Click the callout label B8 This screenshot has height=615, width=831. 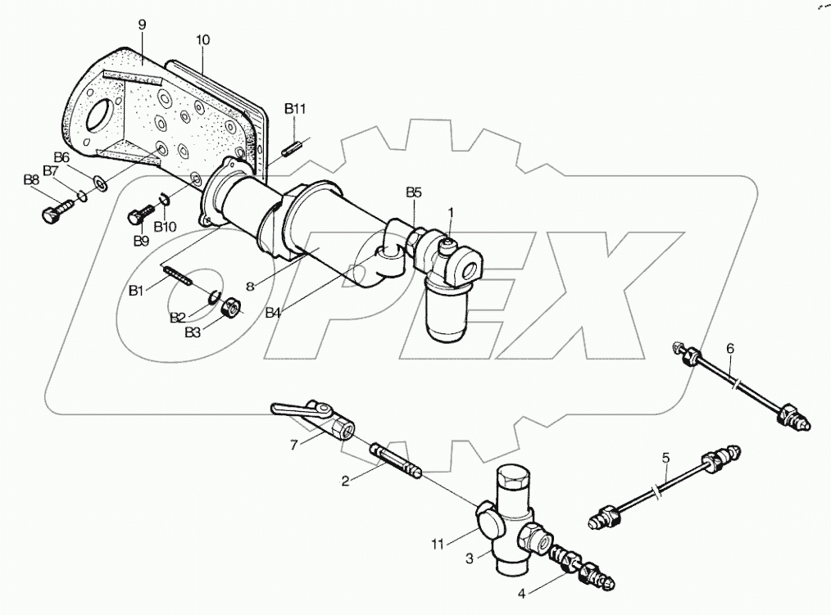point(31,179)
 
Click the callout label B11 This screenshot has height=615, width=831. point(295,108)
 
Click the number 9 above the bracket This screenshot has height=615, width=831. point(142,25)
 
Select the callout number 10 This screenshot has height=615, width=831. point(203,39)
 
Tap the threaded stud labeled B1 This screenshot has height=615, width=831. point(179,275)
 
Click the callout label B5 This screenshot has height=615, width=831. point(414,192)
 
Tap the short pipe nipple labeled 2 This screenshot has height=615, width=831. point(396,462)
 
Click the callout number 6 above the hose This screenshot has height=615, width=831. point(729,347)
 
